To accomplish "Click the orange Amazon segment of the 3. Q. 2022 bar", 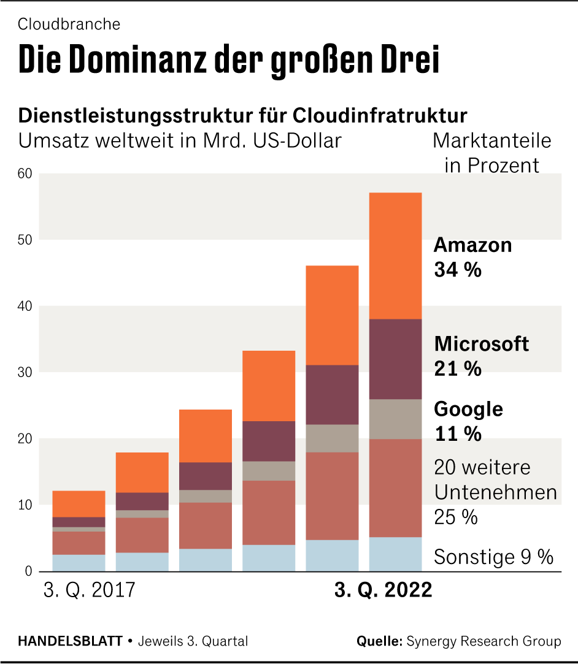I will (x=395, y=256).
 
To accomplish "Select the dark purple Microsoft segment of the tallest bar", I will (x=395, y=359).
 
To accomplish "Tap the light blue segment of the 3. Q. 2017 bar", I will (x=79, y=563).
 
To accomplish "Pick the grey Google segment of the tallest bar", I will (x=395, y=419).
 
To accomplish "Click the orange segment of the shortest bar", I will (x=79, y=503).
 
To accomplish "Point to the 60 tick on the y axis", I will (x=24, y=174).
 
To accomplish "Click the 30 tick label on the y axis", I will (x=24, y=372).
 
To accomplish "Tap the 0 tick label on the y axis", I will (x=28, y=571).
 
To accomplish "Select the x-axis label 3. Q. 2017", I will (x=88, y=590).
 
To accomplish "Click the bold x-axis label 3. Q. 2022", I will (x=383, y=590).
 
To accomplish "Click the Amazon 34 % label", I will (x=472, y=257).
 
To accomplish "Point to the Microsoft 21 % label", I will (x=481, y=356).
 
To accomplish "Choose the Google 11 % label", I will (x=468, y=421).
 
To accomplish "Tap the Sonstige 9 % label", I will (x=493, y=557).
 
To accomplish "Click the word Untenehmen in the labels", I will (x=495, y=492).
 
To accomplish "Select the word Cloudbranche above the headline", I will (x=69, y=25).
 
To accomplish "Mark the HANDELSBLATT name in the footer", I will (x=70, y=641).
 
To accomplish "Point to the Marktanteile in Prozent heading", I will (x=491, y=153).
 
